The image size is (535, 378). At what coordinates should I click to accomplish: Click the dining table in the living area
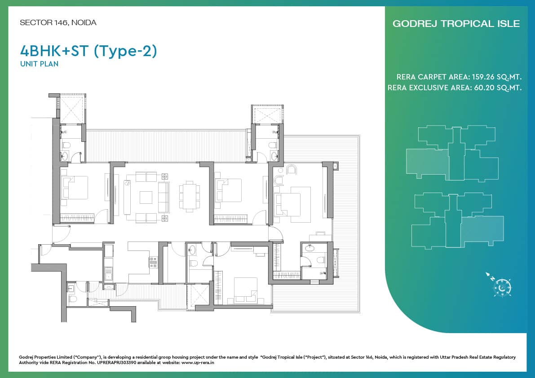click(x=190, y=196)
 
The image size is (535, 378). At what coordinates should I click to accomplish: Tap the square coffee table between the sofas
click(x=146, y=198)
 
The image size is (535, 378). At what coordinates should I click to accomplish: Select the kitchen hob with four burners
click(x=153, y=262)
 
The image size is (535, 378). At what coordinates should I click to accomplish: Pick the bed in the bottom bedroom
click(x=245, y=290)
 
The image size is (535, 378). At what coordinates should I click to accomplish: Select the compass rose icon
click(x=502, y=287)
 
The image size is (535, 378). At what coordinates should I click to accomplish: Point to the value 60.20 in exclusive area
click(x=485, y=88)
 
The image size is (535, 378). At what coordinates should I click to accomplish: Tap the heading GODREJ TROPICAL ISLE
click(x=456, y=23)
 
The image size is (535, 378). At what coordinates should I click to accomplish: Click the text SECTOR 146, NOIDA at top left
click(x=58, y=22)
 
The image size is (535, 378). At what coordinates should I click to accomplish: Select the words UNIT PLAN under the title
click(x=39, y=64)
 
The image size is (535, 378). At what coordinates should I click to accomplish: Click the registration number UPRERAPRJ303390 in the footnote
click(x=117, y=363)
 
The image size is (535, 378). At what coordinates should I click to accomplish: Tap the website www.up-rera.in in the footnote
click(x=198, y=363)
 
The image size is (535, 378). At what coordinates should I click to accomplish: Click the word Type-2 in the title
click(x=125, y=51)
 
